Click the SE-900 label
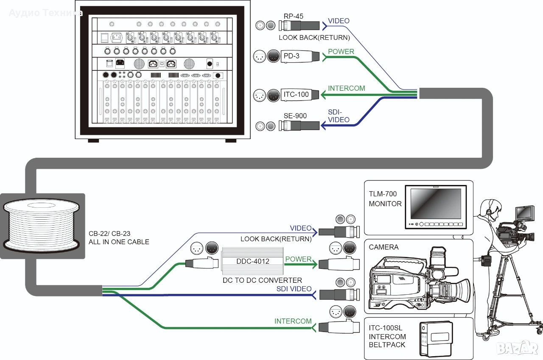click(295, 116)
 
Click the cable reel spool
click(41, 225)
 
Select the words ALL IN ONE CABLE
click(119, 242)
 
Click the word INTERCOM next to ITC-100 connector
click(347, 89)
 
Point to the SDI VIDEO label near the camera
click(294, 289)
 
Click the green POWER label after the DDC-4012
click(298, 259)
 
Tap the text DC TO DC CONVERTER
click(262, 280)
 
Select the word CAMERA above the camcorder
click(383, 247)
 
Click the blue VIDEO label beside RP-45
click(339, 21)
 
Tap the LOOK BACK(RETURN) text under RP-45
click(314, 37)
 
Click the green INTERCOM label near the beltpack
click(293, 321)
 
